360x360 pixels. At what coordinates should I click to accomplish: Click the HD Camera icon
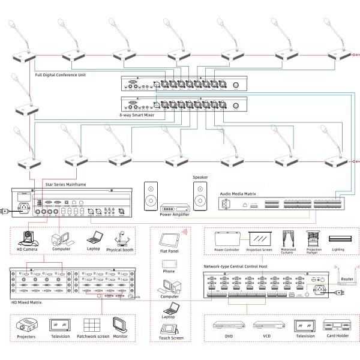coord(28,238)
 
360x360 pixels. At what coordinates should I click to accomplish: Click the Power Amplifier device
coord(175,209)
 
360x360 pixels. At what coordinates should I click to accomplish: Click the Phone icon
coord(169,262)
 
